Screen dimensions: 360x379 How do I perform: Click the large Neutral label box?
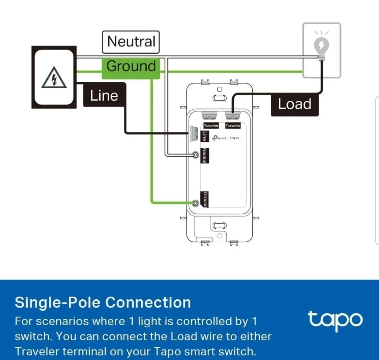(x=131, y=42)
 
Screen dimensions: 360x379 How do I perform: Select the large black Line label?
(x=104, y=95)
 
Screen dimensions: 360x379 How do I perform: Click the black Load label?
(x=294, y=104)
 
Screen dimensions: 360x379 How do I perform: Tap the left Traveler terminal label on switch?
(x=211, y=125)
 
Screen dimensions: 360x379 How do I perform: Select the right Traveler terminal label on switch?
(x=233, y=125)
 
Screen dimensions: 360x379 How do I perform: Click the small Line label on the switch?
(x=204, y=136)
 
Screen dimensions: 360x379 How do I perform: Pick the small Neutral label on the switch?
(x=204, y=156)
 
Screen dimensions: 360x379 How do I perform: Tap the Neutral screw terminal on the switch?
(x=195, y=155)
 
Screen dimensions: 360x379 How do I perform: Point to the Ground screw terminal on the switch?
(x=195, y=203)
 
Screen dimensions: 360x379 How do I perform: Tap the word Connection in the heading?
(x=148, y=303)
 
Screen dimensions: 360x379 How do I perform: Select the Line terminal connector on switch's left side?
(x=192, y=134)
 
